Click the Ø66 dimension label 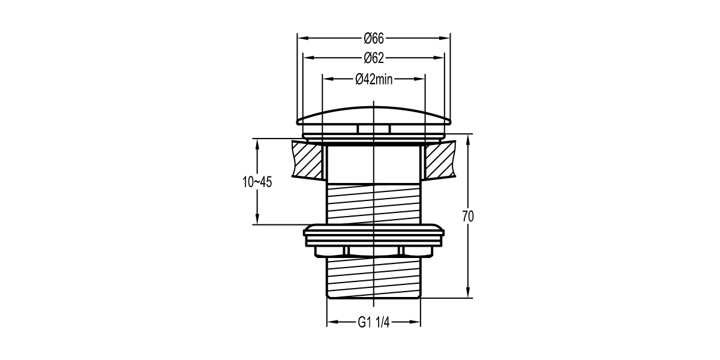(373, 38)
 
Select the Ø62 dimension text (373, 58)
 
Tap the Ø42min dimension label (373, 79)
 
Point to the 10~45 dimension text (257, 182)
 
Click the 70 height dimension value (468, 217)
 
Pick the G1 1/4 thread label (374, 322)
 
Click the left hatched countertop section (307, 159)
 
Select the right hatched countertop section (440, 159)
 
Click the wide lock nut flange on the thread (373, 232)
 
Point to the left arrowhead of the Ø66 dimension (302, 38)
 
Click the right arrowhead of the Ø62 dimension (440, 58)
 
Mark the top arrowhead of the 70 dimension (468, 138)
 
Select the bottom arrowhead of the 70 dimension (468, 293)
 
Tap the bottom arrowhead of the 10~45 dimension (257, 221)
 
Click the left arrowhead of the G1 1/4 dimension (331, 322)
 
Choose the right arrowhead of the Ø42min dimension (421, 79)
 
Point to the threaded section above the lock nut (373, 204)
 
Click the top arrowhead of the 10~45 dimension (257, 143)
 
